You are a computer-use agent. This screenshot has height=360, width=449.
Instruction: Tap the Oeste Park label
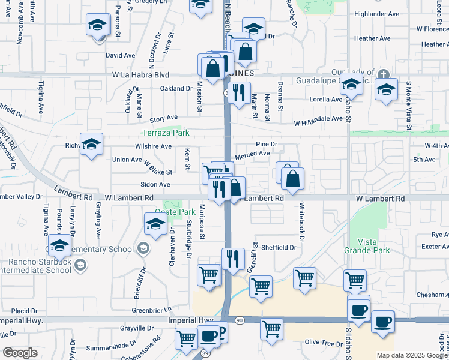coord(175,212)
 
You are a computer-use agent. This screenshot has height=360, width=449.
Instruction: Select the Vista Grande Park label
coord(367,245)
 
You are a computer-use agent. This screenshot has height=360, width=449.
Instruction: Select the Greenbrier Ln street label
coord(152,310)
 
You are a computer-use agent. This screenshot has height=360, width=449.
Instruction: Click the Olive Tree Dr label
coord(323,342)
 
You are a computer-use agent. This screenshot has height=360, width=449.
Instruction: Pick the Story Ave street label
coord(164,118)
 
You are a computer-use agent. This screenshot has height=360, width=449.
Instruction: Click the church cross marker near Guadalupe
coord(384,74)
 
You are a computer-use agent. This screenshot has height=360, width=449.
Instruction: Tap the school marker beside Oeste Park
coord(155,224)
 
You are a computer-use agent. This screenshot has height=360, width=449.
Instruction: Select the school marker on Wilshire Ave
coord(91,144)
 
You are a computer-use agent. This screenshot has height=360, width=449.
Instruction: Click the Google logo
coord(20,353)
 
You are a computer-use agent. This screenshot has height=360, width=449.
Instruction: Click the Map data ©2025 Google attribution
coord(411,355)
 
